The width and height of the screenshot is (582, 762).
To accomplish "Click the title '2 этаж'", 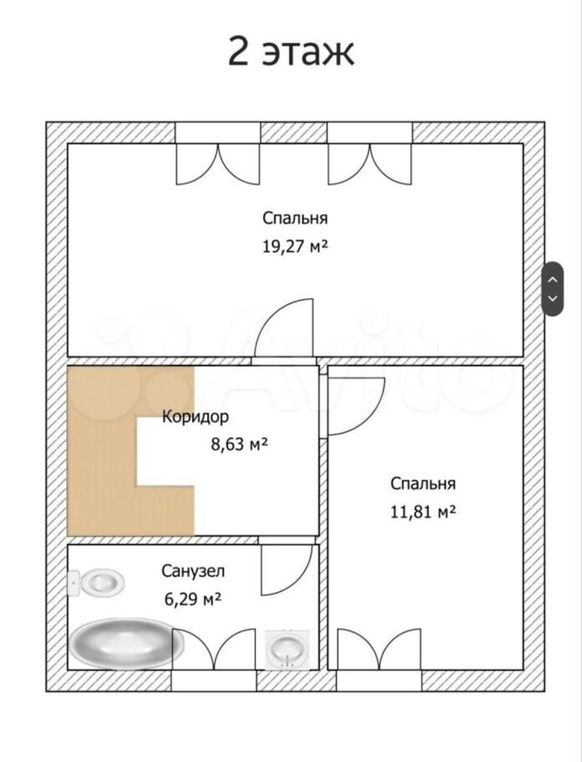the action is (x=291, y=52).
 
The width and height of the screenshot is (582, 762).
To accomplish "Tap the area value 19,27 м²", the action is (x=295, y=247).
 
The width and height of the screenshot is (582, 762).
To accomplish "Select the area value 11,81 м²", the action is (x=423, y=512).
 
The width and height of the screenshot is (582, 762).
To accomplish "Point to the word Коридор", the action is (x=196, y=417).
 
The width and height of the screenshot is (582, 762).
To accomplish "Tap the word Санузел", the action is (x=193, y=571).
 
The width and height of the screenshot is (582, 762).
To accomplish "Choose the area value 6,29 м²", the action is (x=193, y=599).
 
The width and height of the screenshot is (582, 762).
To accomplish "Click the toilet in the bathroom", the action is (x=96, y=582).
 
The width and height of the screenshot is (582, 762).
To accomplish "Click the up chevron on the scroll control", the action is (x=552, y=279).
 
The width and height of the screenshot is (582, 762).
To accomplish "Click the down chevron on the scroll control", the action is (x=552, y=298).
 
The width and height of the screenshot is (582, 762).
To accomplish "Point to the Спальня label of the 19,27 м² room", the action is (x=295, y=219).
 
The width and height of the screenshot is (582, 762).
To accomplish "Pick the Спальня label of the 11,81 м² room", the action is (x=423, y=484).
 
